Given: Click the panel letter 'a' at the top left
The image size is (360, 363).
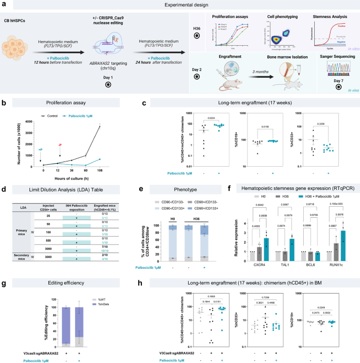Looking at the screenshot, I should pos(5,5).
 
